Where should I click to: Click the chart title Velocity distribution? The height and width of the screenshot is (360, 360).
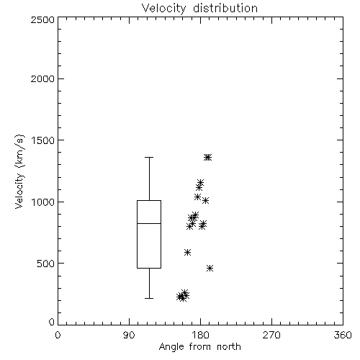coord(199,9)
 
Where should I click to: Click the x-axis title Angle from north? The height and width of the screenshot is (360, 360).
coord(199,347)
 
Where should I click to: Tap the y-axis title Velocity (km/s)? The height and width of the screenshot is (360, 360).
coord(19,171)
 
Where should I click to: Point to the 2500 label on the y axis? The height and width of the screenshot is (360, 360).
coord(42,19)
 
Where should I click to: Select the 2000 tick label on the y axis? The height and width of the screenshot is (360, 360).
coord(42,78)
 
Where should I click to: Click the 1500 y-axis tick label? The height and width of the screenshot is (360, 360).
coord(43,140)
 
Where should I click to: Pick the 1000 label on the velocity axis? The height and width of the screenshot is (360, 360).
coord(43,202)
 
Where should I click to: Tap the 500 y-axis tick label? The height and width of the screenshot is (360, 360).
coord(46,264)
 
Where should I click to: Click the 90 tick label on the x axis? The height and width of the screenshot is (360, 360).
coord(129,335)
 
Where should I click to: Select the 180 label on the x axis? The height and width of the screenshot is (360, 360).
coord(200,335)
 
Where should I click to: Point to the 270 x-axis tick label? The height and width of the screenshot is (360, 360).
coord(271,335)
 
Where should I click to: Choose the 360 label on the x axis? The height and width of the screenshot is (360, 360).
coord(343,335)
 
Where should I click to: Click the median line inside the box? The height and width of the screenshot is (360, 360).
coord(149,223)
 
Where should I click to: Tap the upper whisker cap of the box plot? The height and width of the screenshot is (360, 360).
coord(149,158)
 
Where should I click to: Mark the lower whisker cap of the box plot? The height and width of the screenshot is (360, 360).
coord(149,298)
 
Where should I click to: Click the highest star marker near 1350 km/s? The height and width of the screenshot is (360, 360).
coord(208,158)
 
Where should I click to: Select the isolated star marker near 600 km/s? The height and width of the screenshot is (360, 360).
coord(187,252)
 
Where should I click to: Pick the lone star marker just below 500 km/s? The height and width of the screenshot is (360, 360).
coord(210,268)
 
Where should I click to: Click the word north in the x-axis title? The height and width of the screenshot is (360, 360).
coord(229,347)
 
